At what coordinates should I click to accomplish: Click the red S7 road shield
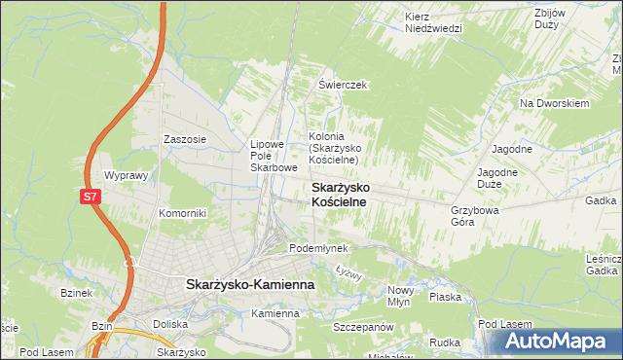pos(90,197)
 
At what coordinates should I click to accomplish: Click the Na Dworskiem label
pos(556,103)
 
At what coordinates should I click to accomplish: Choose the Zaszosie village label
pos(185,139)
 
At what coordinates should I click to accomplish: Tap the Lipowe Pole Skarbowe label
pos(274,156)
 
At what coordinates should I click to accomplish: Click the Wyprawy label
pos(125,176)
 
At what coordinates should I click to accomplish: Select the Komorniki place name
pos(182,212)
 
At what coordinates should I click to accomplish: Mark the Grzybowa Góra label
pos(475,215)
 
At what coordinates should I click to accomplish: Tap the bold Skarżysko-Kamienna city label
pos(249,284)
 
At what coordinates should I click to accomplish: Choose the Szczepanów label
pos(361,327)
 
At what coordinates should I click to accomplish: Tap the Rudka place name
pos(444,342)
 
